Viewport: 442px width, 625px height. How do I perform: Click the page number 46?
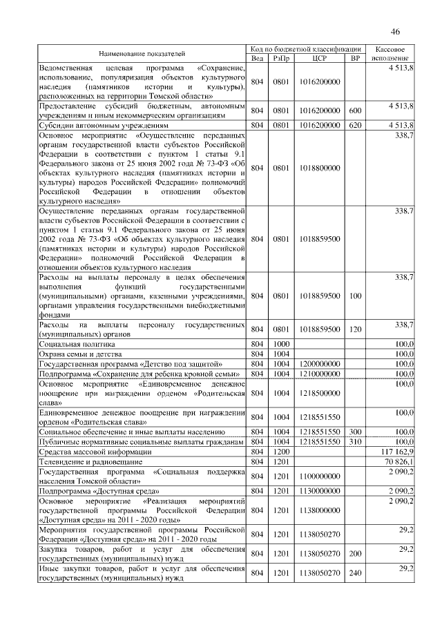395,32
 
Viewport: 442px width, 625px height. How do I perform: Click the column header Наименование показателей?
142,53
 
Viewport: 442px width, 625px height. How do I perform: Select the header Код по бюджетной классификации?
306,49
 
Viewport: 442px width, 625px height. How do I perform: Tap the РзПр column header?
281,58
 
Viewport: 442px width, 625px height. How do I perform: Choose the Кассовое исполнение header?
394,53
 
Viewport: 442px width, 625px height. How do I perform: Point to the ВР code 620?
355,125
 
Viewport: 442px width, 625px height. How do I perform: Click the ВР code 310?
355,441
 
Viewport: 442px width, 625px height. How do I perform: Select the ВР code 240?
355,573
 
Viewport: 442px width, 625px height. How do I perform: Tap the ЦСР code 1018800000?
320,168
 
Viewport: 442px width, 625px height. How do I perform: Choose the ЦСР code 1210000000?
320,374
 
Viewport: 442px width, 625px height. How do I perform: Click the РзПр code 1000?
281,343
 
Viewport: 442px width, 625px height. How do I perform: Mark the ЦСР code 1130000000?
320,490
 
